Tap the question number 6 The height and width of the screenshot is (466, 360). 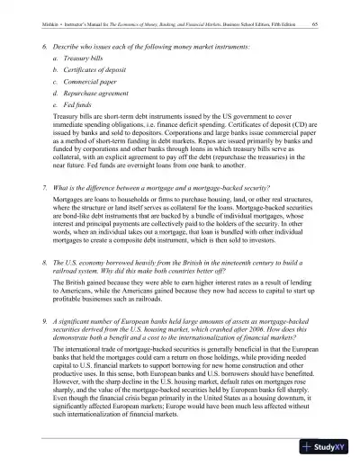(46, 44)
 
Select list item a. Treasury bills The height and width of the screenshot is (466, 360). (82, 57)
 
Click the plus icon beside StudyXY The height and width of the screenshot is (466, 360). (311, 447)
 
